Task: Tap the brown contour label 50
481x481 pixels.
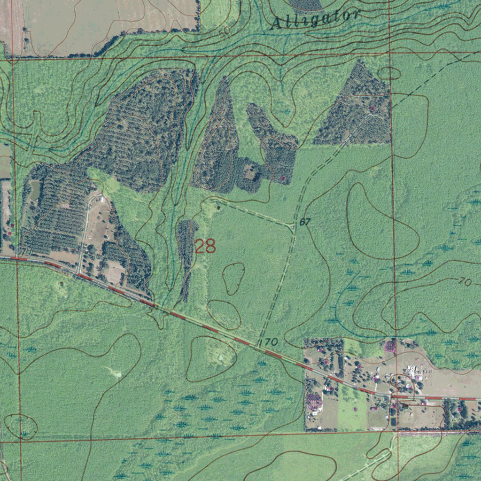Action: pyautogui.click(x=225, y=32)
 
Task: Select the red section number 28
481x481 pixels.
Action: pyautogui.click(x=205, y=246)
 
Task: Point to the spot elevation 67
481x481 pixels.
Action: pyautogui.click(x=305, y=222)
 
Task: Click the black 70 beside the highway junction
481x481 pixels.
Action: pyautogui.click(x=271, y=342)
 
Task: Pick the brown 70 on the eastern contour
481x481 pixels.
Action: pyautogui.click(x=465, y=282)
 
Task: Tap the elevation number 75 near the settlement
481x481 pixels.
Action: pyautogui.click(x=382, y=403)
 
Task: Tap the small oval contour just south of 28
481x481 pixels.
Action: pyautogui.click(x=233, y=278)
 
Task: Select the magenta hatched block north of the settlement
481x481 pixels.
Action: pyautogui.click(x=390, y=347)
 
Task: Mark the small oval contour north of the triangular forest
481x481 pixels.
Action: pyautogui.click(x=389, y=73)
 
